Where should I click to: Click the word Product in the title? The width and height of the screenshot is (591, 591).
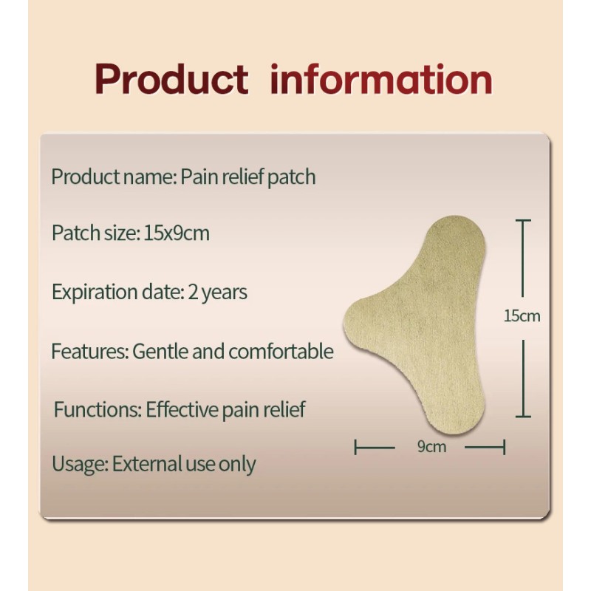click(x=171, y=80)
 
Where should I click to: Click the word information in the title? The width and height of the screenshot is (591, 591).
click(x=381, y=80)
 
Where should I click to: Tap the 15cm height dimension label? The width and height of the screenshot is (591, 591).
click(x=522, y=316)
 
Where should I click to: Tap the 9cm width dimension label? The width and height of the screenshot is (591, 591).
click(x=431, y=446)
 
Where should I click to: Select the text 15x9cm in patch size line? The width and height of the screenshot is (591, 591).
click(x=177, y=233)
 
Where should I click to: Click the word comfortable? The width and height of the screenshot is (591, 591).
click(x=281, y=351)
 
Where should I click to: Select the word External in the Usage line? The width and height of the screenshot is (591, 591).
click(x=148, y=465)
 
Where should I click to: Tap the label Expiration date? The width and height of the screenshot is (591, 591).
click(x=116, y=292)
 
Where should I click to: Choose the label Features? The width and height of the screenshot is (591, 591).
click(x=89, y=351)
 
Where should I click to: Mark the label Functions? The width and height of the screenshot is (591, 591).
click(x=97, y=409)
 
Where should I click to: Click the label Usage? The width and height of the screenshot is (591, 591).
click(x=80, y=465)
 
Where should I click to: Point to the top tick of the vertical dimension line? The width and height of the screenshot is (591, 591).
click(x=523, y=220)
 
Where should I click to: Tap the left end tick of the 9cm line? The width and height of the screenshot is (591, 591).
click(x=356, y=447)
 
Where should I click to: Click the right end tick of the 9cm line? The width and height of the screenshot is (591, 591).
click(x=504, y=447)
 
